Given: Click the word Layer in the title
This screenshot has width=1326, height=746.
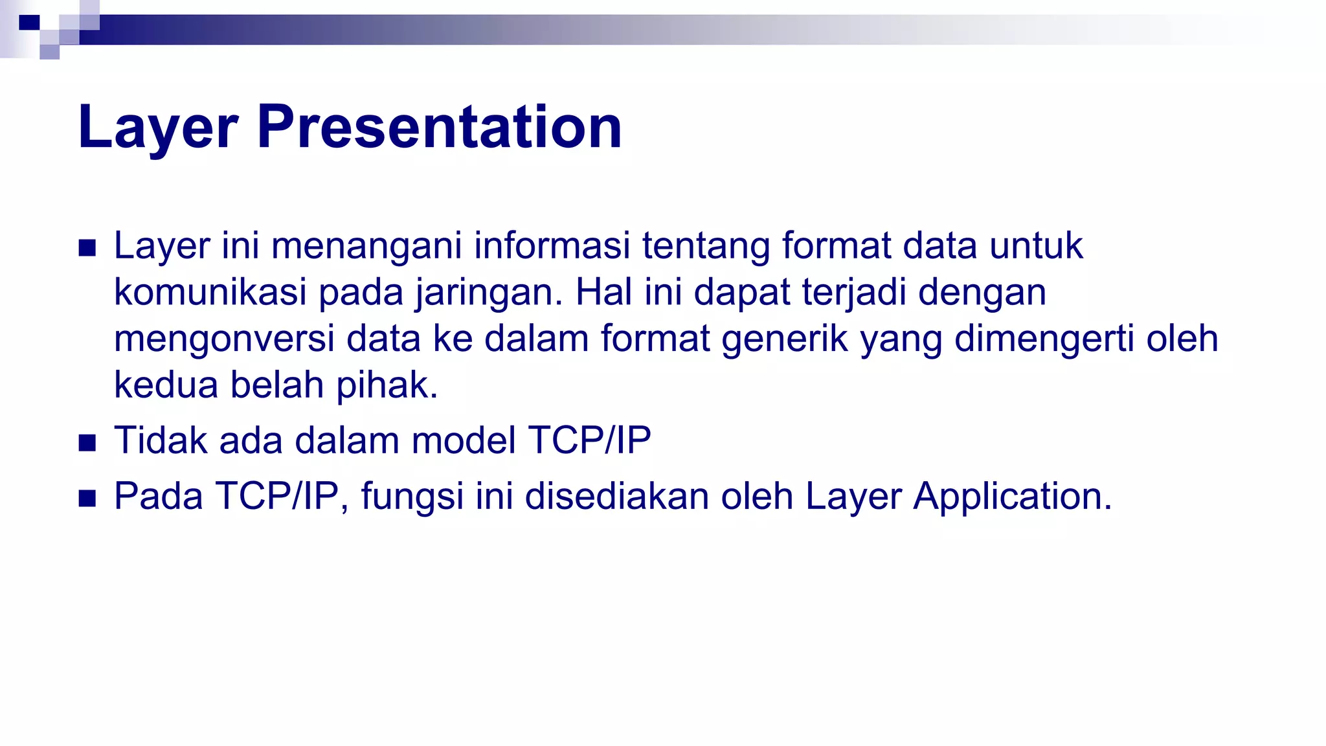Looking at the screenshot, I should pos(158,127).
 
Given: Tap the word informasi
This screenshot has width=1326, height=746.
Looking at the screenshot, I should pos(552,246).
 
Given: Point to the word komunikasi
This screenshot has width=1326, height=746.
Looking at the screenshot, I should pos(210,292).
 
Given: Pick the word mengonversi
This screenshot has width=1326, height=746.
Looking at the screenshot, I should pos(224,339).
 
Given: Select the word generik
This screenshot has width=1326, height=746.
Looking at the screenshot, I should pos(785,339).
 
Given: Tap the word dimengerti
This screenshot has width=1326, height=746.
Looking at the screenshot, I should pos(1044,339).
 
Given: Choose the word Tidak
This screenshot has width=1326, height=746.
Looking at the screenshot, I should pos(161,440).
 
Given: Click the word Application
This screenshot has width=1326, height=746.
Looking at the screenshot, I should pos(1012,497).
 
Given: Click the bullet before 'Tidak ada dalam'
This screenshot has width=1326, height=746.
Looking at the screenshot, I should pos(87,443).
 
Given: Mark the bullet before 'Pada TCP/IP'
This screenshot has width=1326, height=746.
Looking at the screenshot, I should pos(87,499).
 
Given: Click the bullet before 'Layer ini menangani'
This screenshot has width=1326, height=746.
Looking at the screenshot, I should pos(87,248).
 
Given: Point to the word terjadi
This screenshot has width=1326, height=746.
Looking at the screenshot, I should pos(854,293).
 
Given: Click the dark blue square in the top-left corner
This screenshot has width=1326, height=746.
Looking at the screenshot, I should pos(30,23).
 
